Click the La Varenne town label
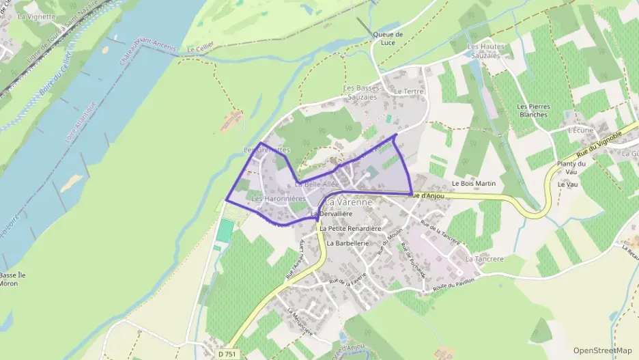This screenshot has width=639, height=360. click(x=349, y=202)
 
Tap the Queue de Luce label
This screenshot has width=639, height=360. click(x=388, y=39)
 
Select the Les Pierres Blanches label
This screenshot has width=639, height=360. click(x=533, y=110)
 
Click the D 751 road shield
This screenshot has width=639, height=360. click(x=230, y=354)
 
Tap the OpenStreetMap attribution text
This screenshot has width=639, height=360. click(x=603, y=350)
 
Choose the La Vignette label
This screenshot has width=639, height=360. click(x=36, y=15)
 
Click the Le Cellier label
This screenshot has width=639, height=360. click(x=200, y=49)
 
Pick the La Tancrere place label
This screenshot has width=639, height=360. click(x=484, y=260)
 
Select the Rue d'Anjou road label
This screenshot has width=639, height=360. click(x=427, y=196)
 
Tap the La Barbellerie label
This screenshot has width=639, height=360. click(x=347, y=243)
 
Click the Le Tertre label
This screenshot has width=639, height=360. click(x=409, y=91)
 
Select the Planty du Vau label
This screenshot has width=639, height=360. click(x=572, y=168)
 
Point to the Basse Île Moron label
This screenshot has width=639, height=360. click(x=13, y=279)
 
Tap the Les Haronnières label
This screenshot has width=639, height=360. click(x=279, y=199)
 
